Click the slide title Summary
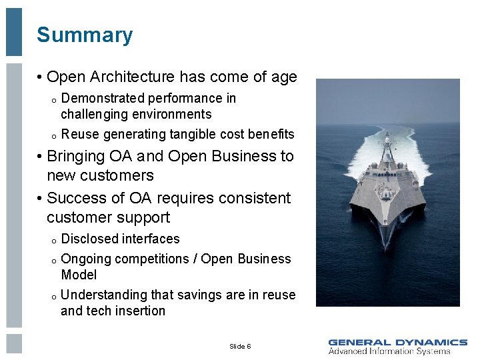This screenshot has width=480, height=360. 85,35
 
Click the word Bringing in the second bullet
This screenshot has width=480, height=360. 76,156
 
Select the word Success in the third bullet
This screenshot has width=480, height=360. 75,198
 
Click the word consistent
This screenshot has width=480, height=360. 254,198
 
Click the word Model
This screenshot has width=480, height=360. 79,275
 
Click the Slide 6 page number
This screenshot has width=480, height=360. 240,347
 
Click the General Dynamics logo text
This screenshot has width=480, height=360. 397,342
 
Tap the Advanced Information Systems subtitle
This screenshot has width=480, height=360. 389,351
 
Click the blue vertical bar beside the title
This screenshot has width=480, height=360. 14,32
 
